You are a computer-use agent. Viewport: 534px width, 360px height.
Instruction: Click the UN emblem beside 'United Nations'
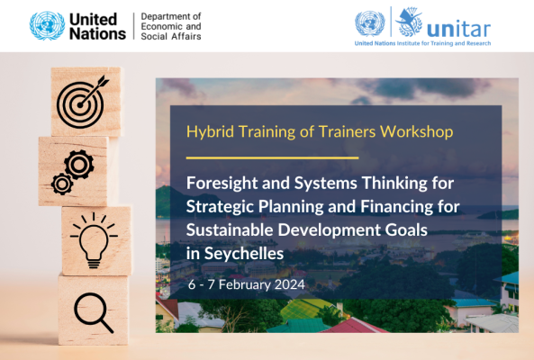coord(47,26)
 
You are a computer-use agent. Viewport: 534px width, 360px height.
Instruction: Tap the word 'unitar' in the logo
coord(458,29)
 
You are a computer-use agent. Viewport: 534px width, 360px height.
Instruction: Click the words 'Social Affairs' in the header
coord(171,36)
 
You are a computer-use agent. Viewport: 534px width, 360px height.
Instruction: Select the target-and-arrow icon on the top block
coord(83,102)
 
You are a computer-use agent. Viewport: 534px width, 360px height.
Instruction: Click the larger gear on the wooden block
coord(79,165)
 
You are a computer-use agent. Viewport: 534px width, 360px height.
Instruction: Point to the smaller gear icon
coord(62,184)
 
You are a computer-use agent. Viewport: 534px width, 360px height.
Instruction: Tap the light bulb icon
coord(94,240)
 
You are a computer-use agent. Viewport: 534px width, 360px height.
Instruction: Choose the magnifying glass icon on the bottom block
coord(94,312)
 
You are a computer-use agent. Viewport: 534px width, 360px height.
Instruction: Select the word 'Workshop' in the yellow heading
coord(417,132)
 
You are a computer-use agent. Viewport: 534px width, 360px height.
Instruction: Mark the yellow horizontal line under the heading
coord(273,157)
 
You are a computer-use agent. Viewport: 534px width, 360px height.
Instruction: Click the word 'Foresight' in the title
coord(222,184)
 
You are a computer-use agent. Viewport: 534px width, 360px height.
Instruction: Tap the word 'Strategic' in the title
coord(220,207)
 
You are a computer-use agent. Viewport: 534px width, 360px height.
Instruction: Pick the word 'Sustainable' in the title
coord(230,230)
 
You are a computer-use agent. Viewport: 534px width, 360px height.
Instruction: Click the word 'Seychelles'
coord(244,254)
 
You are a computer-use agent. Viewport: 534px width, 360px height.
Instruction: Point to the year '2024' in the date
coord(290,284)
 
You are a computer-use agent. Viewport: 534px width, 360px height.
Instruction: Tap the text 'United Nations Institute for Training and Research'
coord(422,43)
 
